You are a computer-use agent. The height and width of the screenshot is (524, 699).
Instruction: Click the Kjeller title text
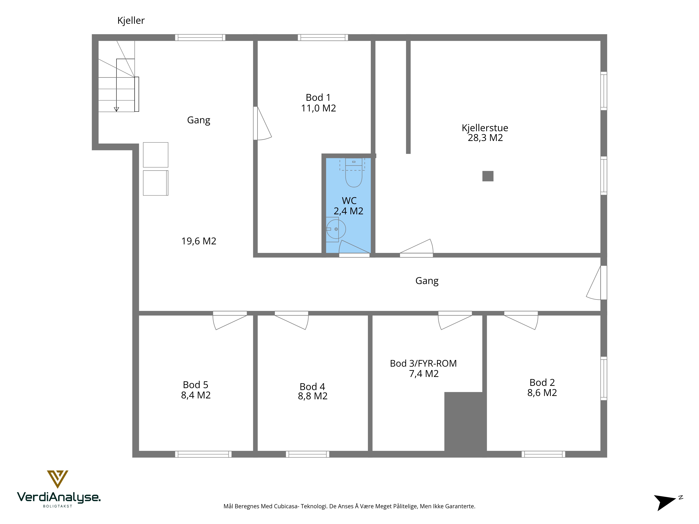pyautogui.click(x=131, y=21)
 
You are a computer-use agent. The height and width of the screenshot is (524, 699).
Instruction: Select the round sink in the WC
pyautogui.click(x=336, y=229)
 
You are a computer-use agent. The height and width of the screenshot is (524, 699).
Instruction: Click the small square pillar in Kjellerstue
pyautogui.click(x=488, y=176)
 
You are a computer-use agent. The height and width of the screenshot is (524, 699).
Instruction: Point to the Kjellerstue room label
pyautogui.click(x=485, y=128)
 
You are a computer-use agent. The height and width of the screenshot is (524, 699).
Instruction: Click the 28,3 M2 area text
pyautogui.click(x=485, y=138)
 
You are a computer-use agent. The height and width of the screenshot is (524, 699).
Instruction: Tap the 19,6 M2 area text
pyautogui.click(x=199, y=241)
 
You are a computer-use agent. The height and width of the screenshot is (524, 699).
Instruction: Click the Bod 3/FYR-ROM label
pyautogui.click(x=423, y=363)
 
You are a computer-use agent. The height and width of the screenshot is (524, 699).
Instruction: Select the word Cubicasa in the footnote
pyautogui.click(x=286, y=506)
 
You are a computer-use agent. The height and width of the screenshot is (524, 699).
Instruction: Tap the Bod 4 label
pyautogui.click(x=312, y=387)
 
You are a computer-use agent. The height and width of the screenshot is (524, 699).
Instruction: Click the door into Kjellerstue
pyautogui.click(x=416, y=248)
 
